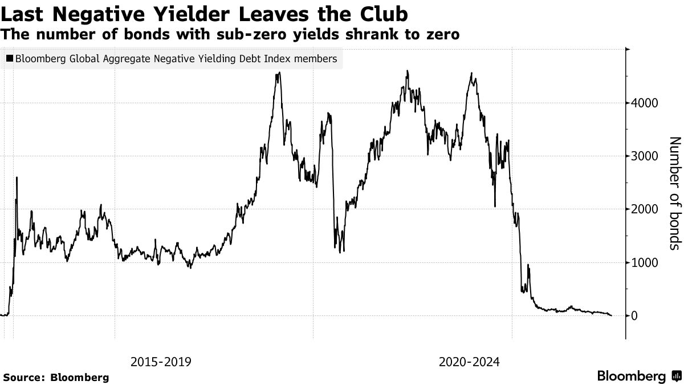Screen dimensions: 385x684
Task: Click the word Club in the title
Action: pyautogui.click(x=383, y=13)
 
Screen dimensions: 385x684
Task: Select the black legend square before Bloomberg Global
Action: pyautogui.click(x=10, y=59)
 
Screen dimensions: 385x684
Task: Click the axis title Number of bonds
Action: pyautogui.click(x=674, y=193)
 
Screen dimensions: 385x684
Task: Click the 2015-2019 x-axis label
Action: pyautogui.click(x=161, y=362)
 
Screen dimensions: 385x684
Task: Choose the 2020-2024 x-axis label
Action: pyautogui.click(x=469, y=362)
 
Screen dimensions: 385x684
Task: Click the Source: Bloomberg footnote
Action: pyautogui.click(x=56, y=377)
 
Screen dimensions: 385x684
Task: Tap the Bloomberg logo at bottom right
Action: pyautogui.click(x=631, y=376)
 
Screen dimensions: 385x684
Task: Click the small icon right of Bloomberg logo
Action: pyautogui.click(x=677, y=376)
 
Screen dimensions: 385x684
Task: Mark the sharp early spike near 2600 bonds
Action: pyautogui.click(x=17, y=178)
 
